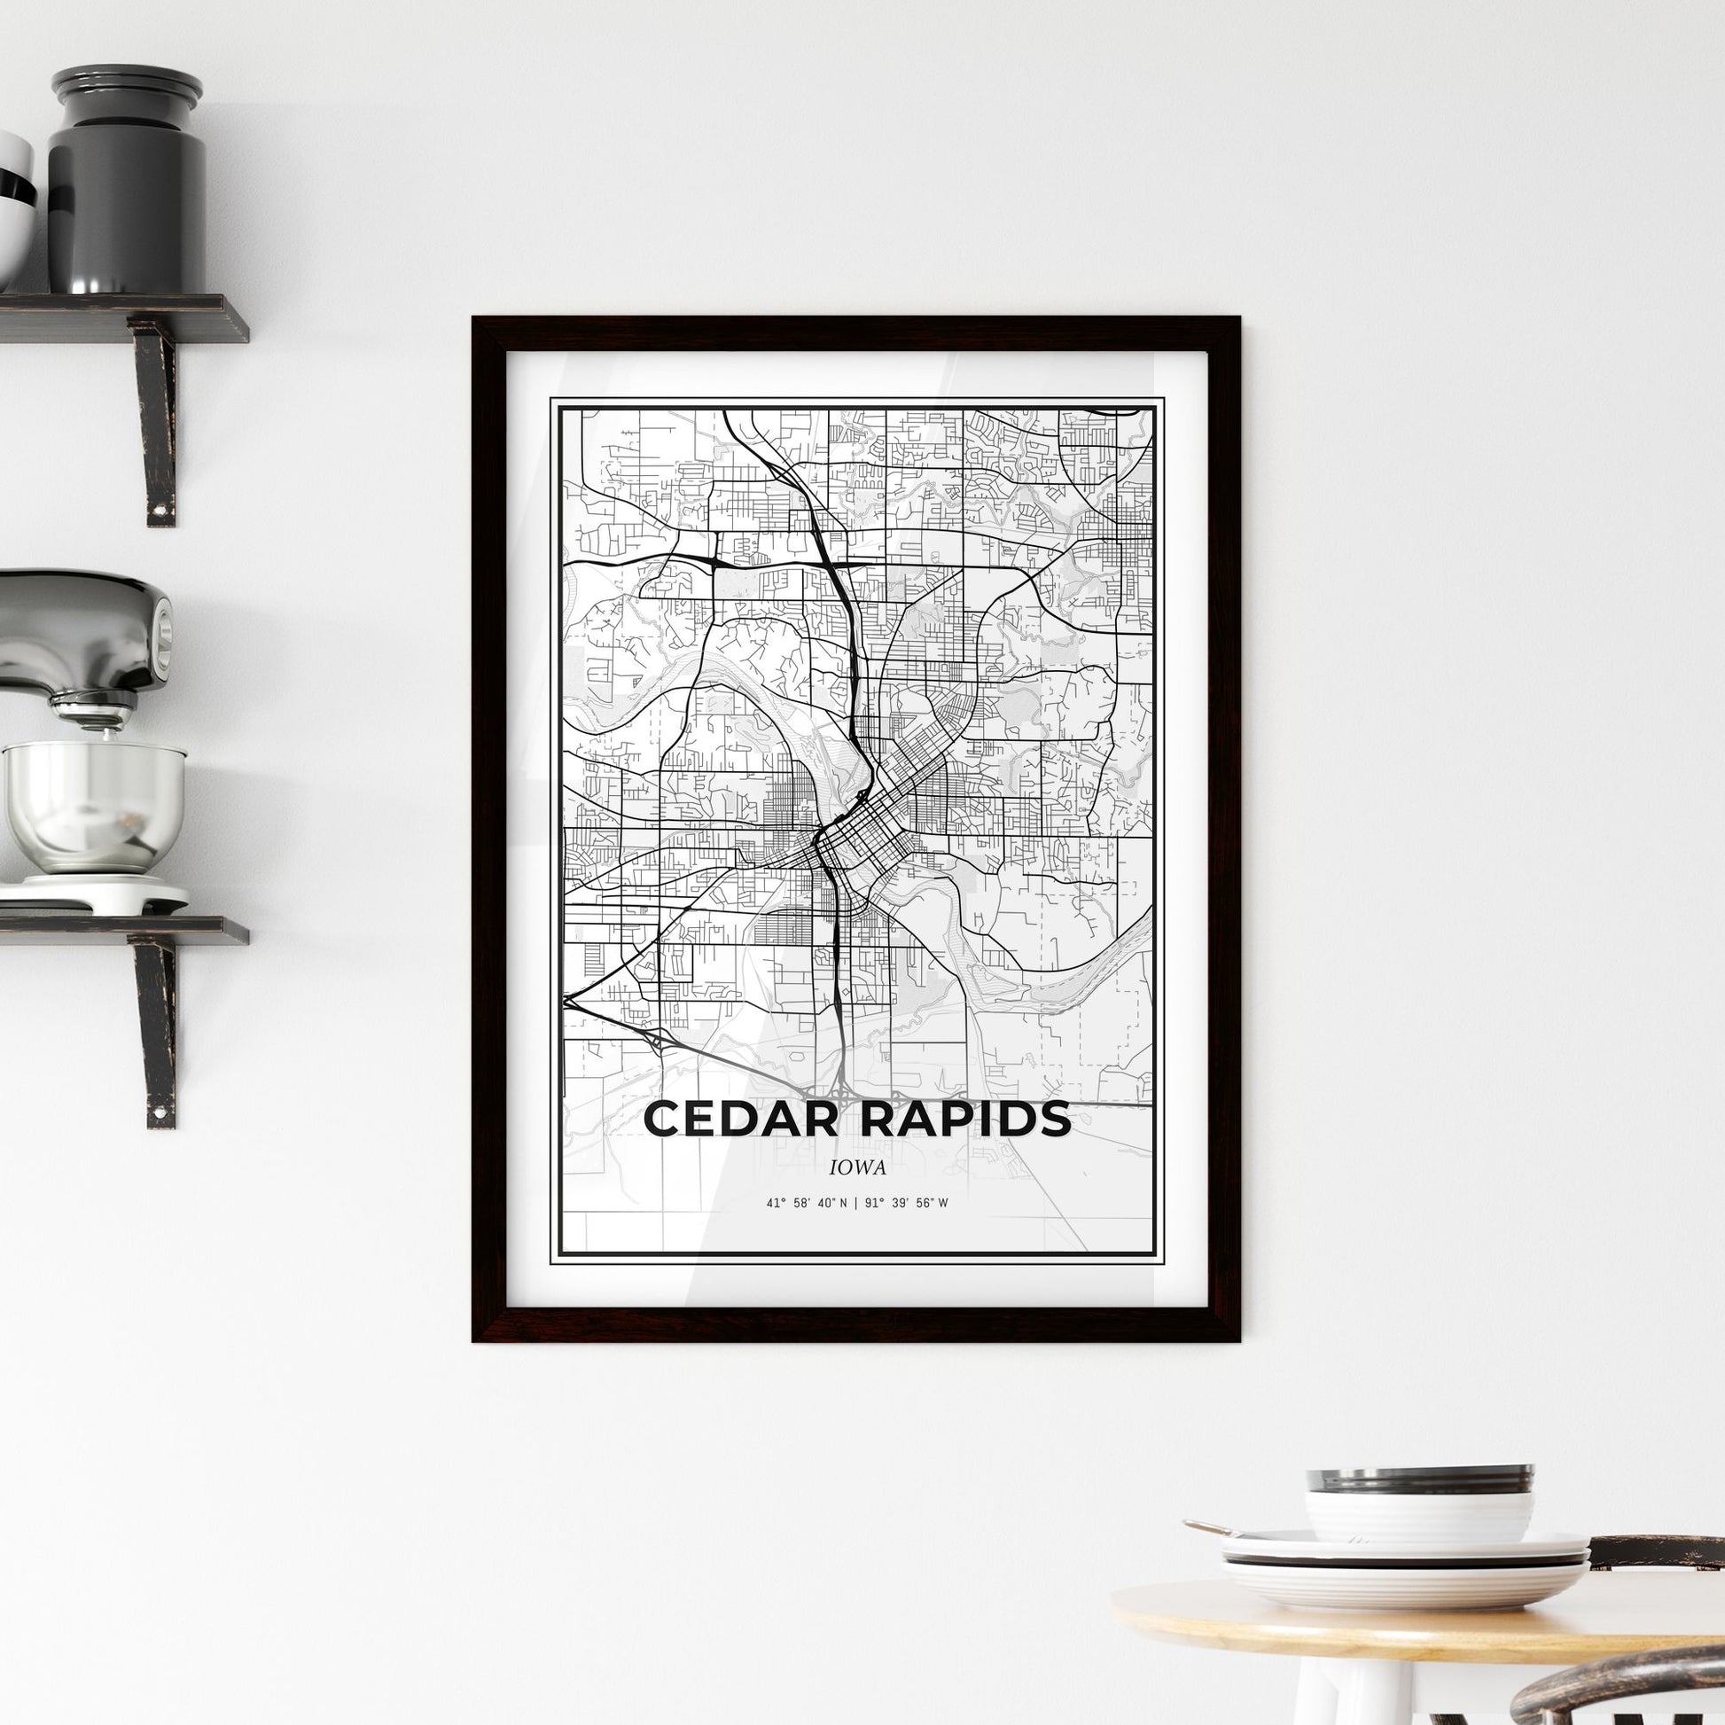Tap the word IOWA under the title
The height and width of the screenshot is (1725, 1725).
856,1167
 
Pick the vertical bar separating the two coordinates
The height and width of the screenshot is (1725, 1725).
855,1203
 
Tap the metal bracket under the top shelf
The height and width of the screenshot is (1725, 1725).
156,419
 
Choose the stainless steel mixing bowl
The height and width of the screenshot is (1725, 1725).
93,804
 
